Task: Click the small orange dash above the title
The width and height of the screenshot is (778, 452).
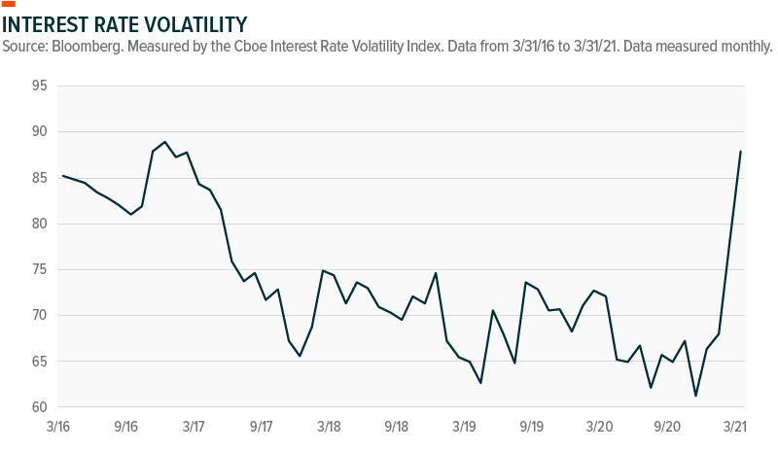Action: (x=10, y=4)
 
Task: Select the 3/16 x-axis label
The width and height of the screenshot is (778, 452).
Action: (x=57, y=427)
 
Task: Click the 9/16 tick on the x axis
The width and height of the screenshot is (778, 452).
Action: (x=125, y=427)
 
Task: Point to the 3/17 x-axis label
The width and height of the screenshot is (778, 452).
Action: (x=193, y=427)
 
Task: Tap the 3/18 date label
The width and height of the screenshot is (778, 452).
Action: (x=329, y=427)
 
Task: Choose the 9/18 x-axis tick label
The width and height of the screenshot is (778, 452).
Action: (x=396, y=427)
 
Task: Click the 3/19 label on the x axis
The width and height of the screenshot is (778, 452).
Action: (x=464, y=427)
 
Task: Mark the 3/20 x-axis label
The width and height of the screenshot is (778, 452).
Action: (x=599, y=427)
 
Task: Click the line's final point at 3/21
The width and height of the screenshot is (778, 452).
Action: (x=741, y=151)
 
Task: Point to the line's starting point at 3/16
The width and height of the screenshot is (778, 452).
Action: (x=62, y=176)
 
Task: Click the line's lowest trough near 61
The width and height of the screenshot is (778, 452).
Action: (x=695, y=396)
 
